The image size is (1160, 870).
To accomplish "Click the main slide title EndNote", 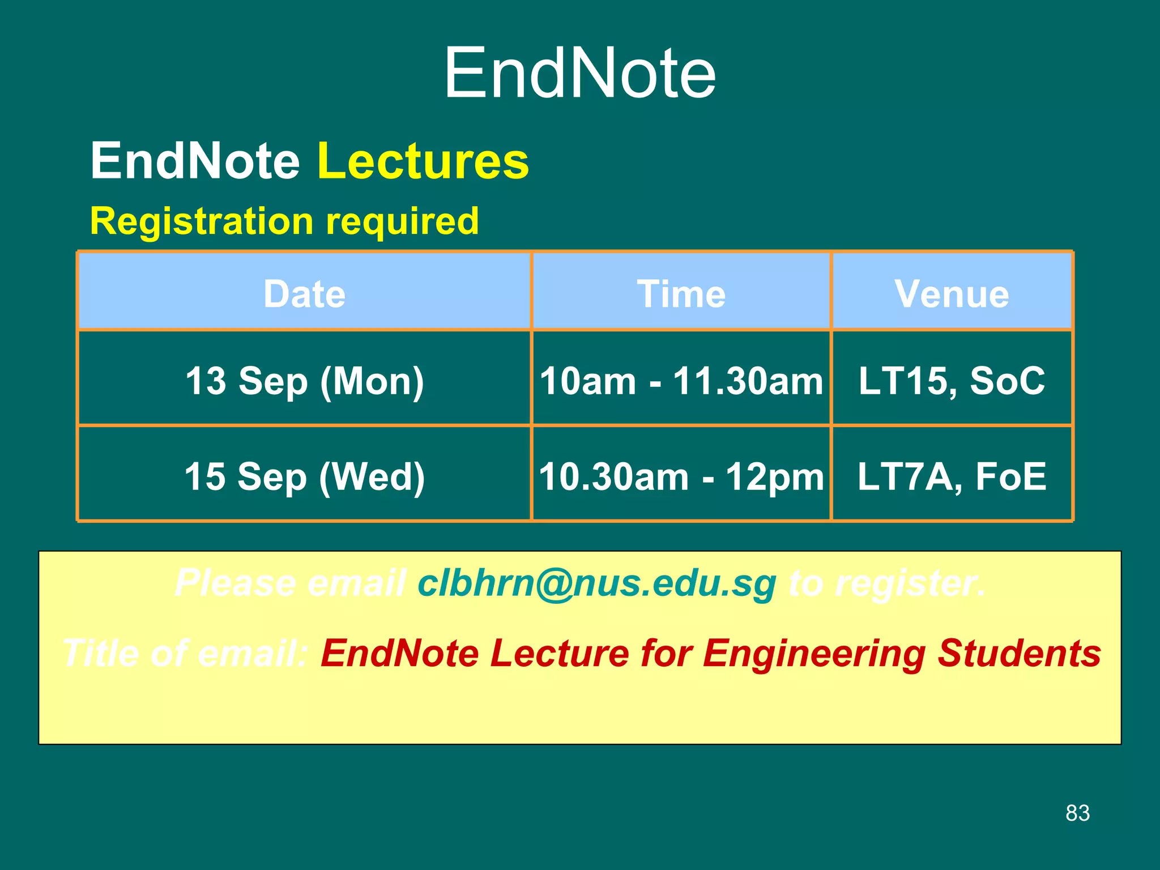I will pos(580,74).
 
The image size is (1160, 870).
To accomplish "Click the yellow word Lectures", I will pos(423,161).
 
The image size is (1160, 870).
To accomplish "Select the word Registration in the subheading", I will pos(202,221).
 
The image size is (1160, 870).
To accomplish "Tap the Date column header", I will pos(305,294).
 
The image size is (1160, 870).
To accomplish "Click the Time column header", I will pos(681,294).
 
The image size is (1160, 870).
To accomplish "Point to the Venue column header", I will pos(952,294).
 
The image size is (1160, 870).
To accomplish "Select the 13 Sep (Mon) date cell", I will pos(305,381).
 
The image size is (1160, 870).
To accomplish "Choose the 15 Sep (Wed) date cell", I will pos(305,476).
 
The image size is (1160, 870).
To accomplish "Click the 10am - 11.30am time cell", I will pos(681,381).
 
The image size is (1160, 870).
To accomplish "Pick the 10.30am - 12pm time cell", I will pos(681,476).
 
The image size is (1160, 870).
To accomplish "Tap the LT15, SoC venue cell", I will pos(952,381).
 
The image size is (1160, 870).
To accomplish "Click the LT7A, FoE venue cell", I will pos(952,476).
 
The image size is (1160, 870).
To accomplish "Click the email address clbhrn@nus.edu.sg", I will pos(596,583).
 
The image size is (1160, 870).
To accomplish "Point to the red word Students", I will pos(1019,654).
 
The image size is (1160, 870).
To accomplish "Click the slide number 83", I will pos(1077,813).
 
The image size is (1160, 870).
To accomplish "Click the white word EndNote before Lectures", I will pos(195,161).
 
